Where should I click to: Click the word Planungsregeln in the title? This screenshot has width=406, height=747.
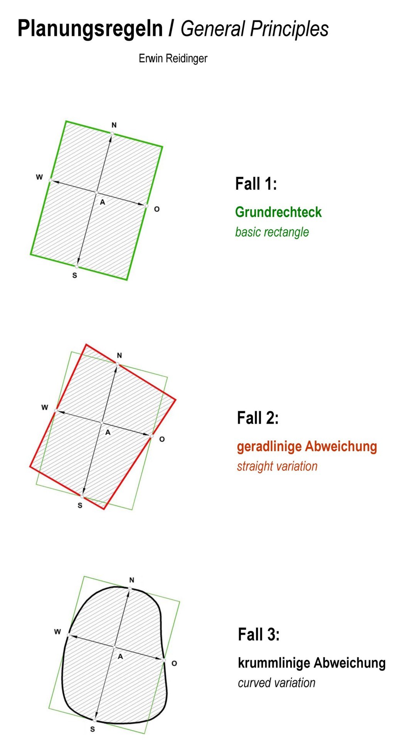coord(90,29)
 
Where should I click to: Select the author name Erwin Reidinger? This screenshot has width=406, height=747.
coord(173,59)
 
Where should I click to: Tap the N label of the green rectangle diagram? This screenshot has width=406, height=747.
coord(114,125)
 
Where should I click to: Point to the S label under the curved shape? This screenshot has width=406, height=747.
coord(93,729)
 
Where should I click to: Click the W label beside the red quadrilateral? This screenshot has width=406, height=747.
coord(45,407)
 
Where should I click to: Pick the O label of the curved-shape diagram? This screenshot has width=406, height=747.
coord(174,663)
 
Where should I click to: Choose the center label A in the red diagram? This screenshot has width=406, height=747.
coord(108,432)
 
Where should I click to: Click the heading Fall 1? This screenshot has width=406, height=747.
coord(256,184)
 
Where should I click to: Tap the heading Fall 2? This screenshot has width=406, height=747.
coord(258,418)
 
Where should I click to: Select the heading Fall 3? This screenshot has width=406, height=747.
coord(259,634)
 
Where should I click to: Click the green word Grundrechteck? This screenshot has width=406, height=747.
coord(278,212)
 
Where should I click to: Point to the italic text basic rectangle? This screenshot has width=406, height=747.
coord(272,232)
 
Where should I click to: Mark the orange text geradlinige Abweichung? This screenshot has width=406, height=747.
coord(307,446)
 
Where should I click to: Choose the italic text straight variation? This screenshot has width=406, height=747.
coord(277,466)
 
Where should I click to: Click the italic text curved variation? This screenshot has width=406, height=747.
coord(276,683)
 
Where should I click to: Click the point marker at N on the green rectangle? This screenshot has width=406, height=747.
coord(112,133)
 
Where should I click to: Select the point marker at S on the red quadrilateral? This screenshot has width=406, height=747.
coord(82,496)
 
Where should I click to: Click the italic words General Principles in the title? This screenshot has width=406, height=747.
coord(254,29)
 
